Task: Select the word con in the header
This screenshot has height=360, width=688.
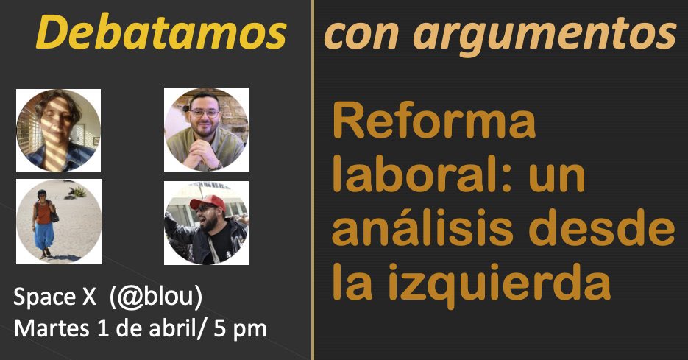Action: pos(355,33)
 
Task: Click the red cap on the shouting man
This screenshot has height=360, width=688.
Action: pos(206,202)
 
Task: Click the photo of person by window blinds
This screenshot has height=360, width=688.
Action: pos(59,130)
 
